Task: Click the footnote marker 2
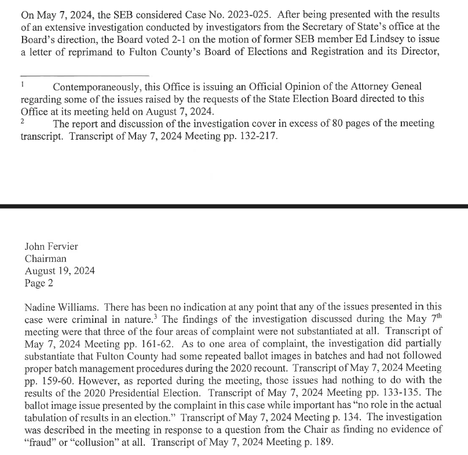point(22,121)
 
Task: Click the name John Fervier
point(51,246)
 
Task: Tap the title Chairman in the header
point(45,259)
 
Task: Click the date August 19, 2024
point(60,271)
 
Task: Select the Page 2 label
point(39,283)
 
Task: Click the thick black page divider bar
point(234,205)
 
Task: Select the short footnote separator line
point(85,75)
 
